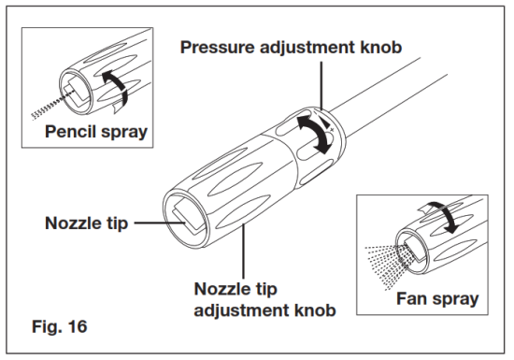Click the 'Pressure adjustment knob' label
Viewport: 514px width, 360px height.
(291, 45)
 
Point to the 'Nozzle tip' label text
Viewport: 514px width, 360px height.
(87, 223)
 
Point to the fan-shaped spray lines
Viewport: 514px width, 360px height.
(381, 262)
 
